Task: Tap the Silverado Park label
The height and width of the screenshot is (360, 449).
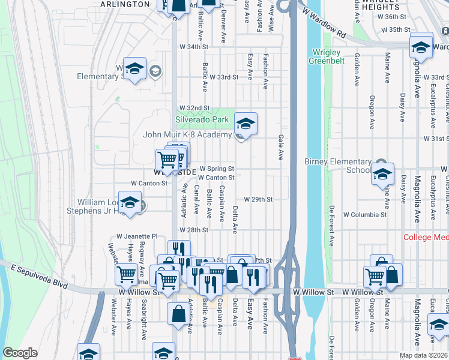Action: pos(203,120)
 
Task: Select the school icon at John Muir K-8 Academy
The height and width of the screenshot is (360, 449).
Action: pos(245,124)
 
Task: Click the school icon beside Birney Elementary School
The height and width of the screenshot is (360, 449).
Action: pos(382,174)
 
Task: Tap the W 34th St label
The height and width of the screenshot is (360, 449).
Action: pos(193,46)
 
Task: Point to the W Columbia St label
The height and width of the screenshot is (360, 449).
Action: pos(365,214)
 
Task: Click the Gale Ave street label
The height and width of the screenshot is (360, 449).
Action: pos(280,148)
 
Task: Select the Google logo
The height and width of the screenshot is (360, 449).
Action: pos(20,353)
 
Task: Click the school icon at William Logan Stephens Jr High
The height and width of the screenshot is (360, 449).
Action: pos(130,203)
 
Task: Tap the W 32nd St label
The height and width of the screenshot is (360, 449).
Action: pos(193,108)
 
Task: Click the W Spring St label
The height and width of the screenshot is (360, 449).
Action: pos(217,169)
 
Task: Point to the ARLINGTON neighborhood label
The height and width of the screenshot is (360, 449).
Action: pos(125,4)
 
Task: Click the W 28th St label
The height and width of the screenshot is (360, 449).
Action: pos(193,230)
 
